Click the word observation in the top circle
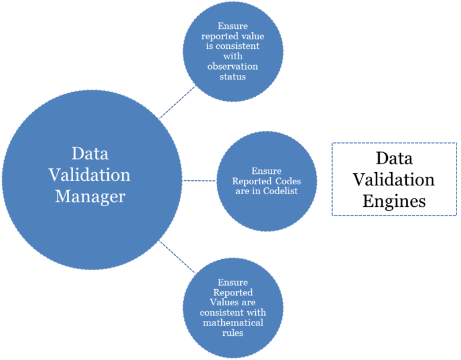[x=233, y=66]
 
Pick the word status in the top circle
[x=233, y=76]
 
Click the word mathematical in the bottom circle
[x=233, y=322]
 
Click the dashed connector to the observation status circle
[x=177, y=102]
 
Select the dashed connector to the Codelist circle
[x=199, y=180]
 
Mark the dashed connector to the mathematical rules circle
[x=177, y=257]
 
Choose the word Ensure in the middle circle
[x=266, y=171]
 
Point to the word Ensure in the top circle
[x=233, y=26]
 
